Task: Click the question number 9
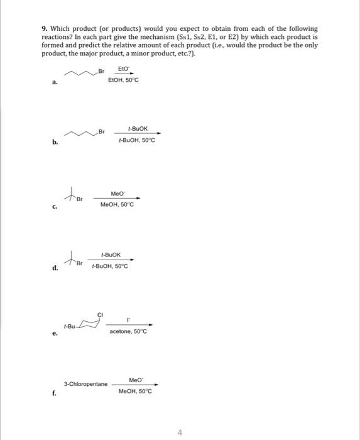click(44, 29)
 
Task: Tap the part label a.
click(55, 82)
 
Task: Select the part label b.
click(55, 143)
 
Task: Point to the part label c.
click(55, 206)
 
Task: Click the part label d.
click(55, 268)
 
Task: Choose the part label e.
click(55, 334)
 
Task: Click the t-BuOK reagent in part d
click(111, 256)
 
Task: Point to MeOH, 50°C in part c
click(117, 204)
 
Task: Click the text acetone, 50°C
click(128, 331)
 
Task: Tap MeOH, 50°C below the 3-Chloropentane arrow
click(136, 391)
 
